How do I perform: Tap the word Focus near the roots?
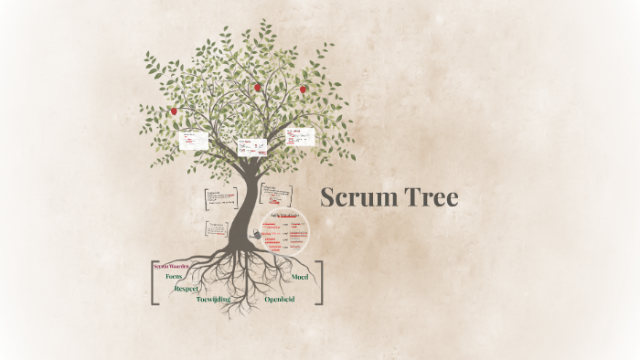tap(174, 276)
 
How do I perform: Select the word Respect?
tap(187, 288)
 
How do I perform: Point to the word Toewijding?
tap(213, 299)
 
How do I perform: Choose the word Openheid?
tap(280, 299)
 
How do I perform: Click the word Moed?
tap(299, 276)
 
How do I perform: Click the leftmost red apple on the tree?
tap(174, 111)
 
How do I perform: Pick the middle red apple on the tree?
tap(258, 88)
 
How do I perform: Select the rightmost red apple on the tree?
tap(304, 90)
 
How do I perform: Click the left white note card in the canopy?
tap(193, 140)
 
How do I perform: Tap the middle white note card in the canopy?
tap(251, 146)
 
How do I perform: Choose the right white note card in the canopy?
tap(299, 137)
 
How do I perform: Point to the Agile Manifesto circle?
tap(285, 234)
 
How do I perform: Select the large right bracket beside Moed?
tap(319, 282)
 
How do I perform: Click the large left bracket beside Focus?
tap(152, 282)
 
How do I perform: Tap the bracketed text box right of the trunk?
tap(275, 195)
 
